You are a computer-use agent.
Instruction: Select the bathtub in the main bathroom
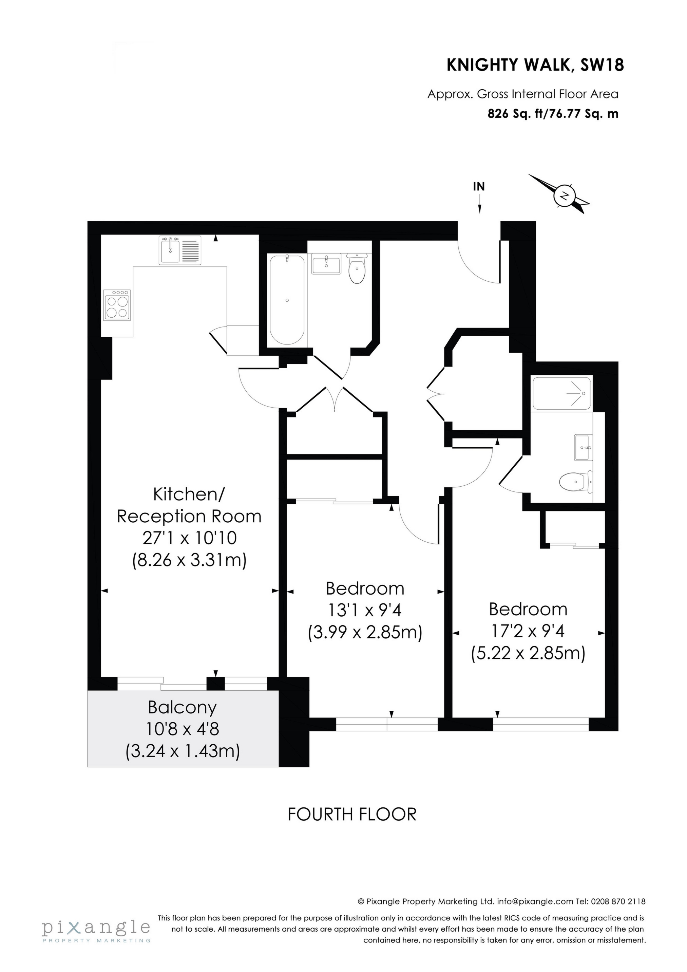click(287, 300)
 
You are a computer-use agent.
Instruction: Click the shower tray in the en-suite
click(561, 393)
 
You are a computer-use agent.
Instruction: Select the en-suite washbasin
click(584, 447)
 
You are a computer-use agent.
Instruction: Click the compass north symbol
click(564, 195)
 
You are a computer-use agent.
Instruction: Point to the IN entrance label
click(479, 187)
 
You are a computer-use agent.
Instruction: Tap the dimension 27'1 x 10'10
click(189, 538)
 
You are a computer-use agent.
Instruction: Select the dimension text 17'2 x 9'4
click(528, 632)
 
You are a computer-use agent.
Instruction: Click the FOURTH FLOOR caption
click(352, 815)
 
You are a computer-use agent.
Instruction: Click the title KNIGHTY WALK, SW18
click(535, 66)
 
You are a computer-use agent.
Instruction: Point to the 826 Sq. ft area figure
click(516, 114)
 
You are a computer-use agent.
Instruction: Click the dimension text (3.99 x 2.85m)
click(365, 633)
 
